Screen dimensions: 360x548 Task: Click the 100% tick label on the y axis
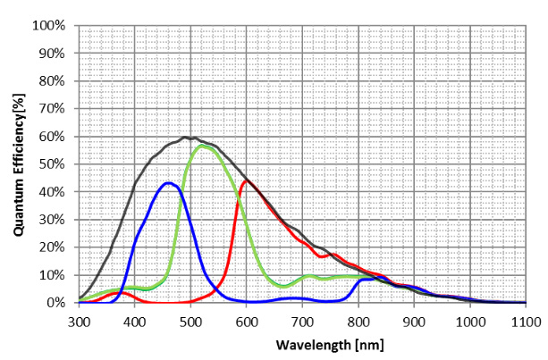point(50,25)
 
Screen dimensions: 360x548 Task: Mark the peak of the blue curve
point(167,183)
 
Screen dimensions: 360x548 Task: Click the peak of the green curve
point(203,145)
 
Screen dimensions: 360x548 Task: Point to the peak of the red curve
point(246,180)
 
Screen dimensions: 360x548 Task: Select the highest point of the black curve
point(185,138)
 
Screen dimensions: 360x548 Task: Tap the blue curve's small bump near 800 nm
point(369,279)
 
